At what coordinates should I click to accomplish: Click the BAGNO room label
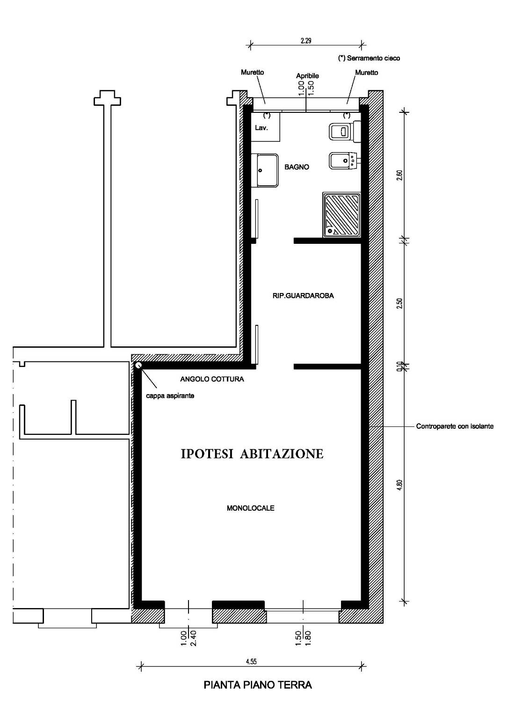297,167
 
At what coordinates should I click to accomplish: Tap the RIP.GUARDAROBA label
303,296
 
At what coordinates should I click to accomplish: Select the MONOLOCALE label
250,508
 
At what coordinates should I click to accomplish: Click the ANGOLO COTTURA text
212,379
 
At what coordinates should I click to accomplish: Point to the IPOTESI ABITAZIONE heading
252,454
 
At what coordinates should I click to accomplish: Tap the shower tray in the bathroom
341,215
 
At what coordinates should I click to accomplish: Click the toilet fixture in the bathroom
345,131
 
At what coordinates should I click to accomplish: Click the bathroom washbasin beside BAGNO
265,170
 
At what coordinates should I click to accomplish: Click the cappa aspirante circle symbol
138,365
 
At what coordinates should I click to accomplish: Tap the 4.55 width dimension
251,661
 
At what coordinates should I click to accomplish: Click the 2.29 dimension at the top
306,41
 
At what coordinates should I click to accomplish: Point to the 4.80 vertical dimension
399,484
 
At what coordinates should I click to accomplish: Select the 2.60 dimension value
399,175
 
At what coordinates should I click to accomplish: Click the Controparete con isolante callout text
455,426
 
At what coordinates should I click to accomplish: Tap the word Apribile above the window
307,76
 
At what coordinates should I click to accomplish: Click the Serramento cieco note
369,58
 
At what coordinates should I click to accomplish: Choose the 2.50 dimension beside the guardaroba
399,303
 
